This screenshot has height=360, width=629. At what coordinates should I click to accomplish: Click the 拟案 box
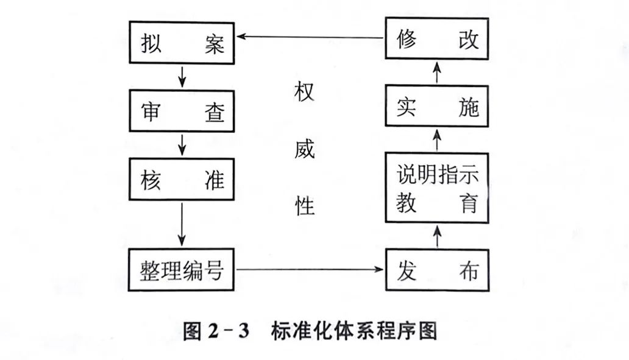183,41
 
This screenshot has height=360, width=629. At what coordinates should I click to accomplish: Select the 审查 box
183,111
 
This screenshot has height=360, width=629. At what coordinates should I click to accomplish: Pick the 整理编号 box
183,269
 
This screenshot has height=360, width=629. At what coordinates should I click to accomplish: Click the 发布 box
438,269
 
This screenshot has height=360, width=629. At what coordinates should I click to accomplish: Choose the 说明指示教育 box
438,188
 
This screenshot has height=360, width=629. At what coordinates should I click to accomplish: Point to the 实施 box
438,107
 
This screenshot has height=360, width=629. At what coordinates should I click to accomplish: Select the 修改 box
438,39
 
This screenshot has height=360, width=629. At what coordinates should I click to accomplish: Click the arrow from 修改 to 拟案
311,37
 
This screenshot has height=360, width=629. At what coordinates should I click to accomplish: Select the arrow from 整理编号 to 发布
311,269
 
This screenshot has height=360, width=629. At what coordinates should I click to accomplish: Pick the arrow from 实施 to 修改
438,73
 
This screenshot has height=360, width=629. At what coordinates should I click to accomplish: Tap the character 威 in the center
304,149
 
